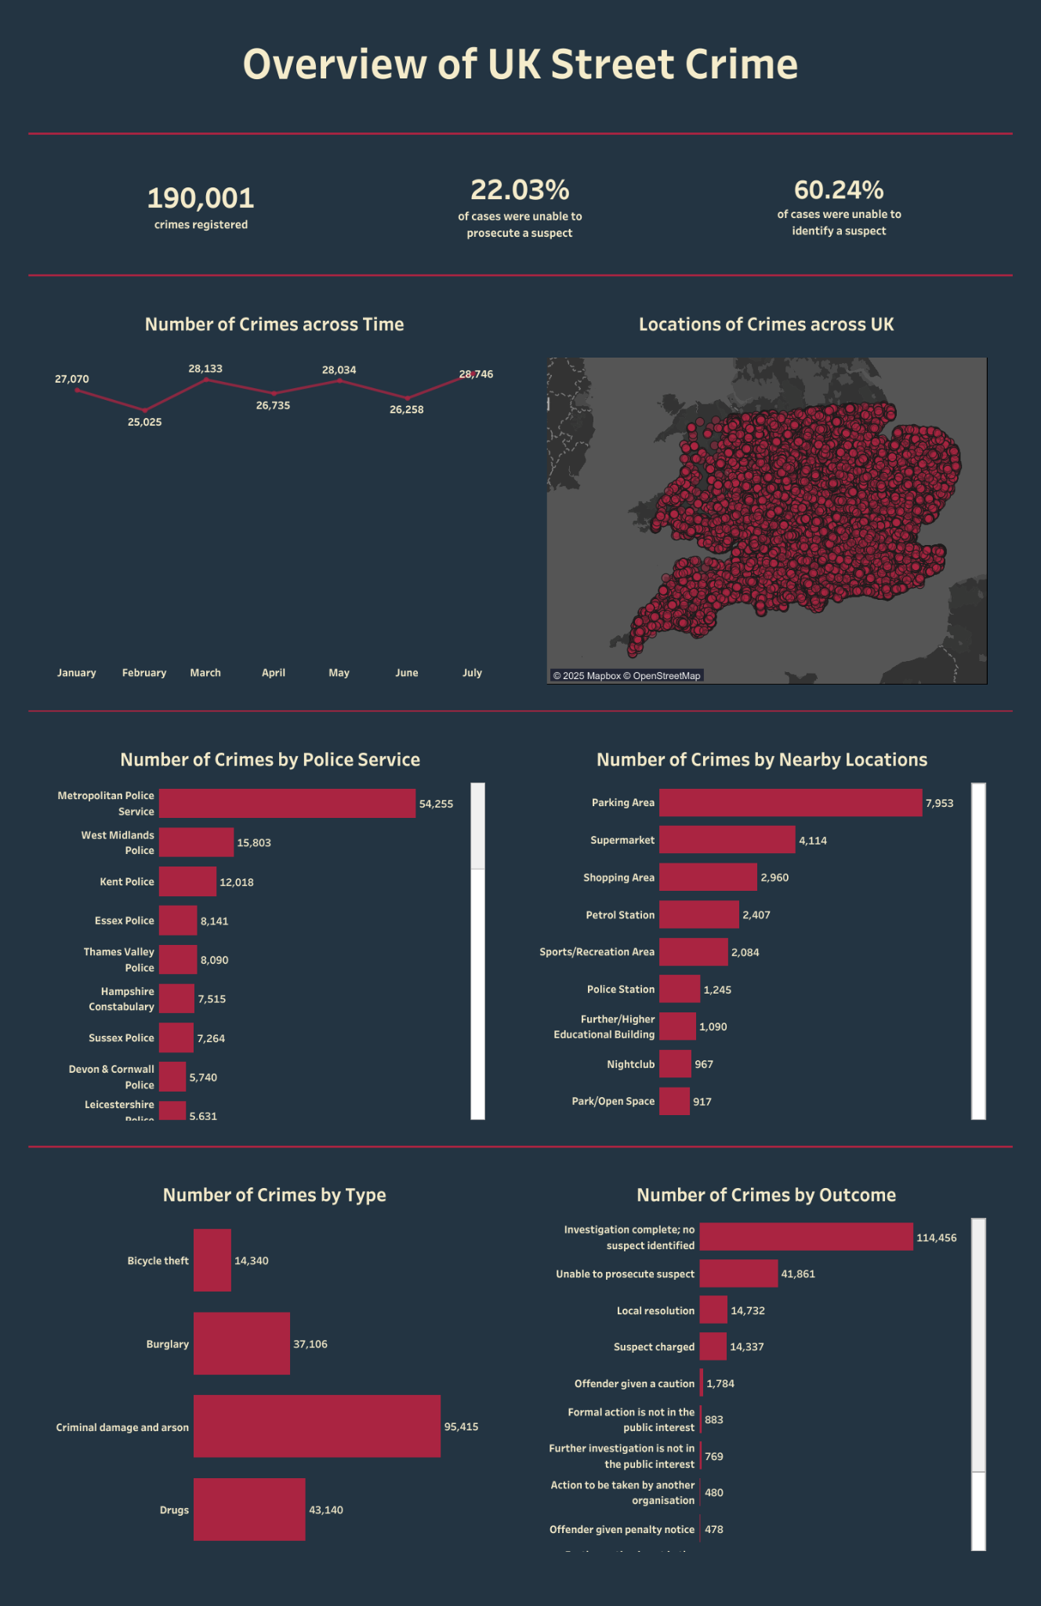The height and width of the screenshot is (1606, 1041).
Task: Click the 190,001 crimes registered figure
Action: click(x=201, y=198)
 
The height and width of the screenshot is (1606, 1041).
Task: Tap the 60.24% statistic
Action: click(x=839, y=190)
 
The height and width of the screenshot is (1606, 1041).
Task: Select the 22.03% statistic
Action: click(x=520, y=190)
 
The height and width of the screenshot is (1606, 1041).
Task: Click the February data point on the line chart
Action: click(x=144, y=410)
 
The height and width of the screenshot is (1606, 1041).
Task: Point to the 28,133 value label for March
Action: click(x=205, y=369)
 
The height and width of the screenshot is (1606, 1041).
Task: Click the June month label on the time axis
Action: click(x=407, y=673)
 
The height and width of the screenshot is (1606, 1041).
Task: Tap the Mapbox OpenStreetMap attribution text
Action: click(x=626, y=675)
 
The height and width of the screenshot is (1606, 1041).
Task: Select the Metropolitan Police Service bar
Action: click(x=287, y=803)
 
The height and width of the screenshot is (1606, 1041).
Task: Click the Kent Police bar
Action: click(x=187, y=881)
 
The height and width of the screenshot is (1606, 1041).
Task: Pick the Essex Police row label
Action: click(x=125, y=921)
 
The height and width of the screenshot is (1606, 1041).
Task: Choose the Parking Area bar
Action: click(x=790, y=802)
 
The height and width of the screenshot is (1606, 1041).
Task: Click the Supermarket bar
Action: click(x=727, y=840)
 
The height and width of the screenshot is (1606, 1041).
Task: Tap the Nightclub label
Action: click(x=630, y=1064)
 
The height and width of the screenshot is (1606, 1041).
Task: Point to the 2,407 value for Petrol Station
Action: click(x=756, y=915)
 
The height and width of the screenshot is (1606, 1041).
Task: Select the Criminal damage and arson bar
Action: click(x=317, y=1426)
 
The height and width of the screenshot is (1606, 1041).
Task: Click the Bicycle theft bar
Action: click(x=212, y=1260)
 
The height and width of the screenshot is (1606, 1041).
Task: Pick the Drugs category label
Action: click(x=174, y=1510)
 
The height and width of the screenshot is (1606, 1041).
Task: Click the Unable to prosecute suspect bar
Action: click(x=738, y=1274)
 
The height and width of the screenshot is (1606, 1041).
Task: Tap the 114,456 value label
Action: click(x=936, y=1237)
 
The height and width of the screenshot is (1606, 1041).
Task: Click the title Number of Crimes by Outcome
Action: click(x=766, y=1195)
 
